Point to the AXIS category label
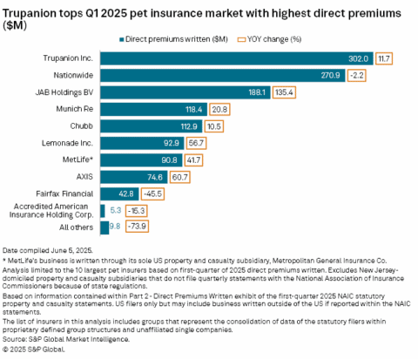84,176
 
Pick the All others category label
77,227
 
